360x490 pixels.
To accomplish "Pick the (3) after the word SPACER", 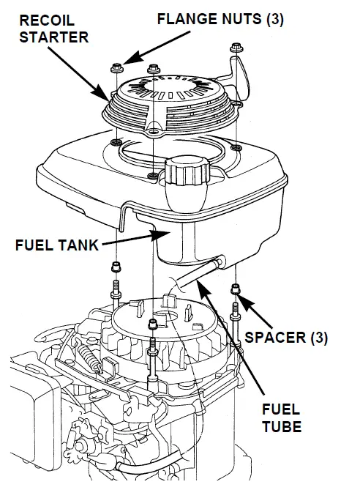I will click(x=315, y=338).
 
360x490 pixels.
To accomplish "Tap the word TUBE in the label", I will click(x=281, y=426).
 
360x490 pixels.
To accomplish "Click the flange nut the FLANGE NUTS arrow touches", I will click(x=117, y=69).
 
